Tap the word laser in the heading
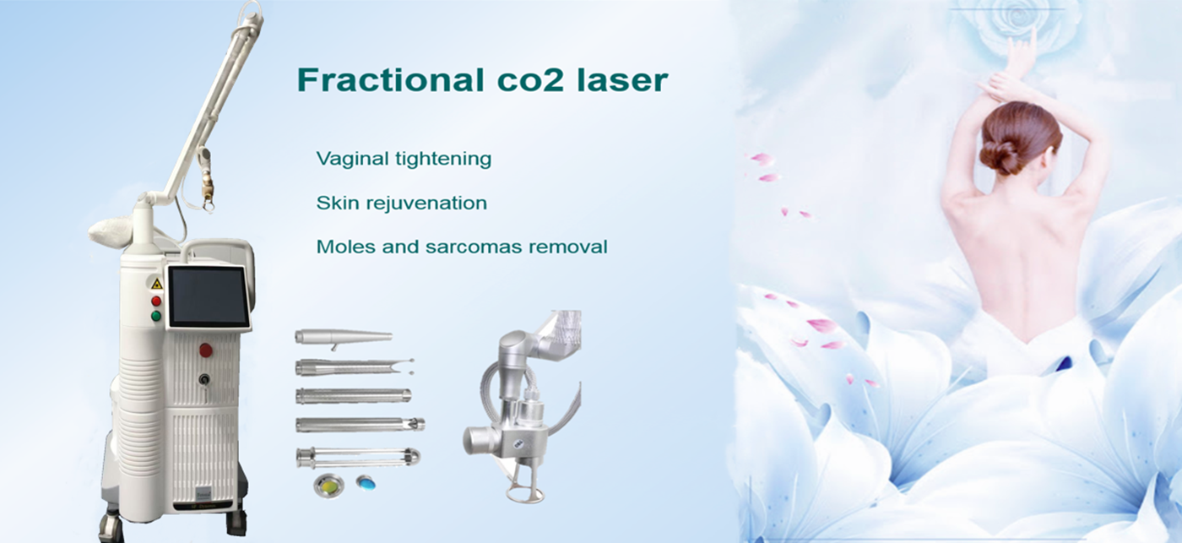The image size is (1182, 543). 622,80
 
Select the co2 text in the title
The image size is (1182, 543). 530,81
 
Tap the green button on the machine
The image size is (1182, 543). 156,316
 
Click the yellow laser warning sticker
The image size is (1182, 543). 156,285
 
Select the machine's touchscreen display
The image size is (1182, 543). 208,296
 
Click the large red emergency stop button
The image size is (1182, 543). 205,350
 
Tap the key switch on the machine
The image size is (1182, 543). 203,379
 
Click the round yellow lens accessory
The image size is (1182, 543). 328,485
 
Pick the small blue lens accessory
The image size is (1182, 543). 366,481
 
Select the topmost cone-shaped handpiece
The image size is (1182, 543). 343,338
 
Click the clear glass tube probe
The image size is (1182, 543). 359,458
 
